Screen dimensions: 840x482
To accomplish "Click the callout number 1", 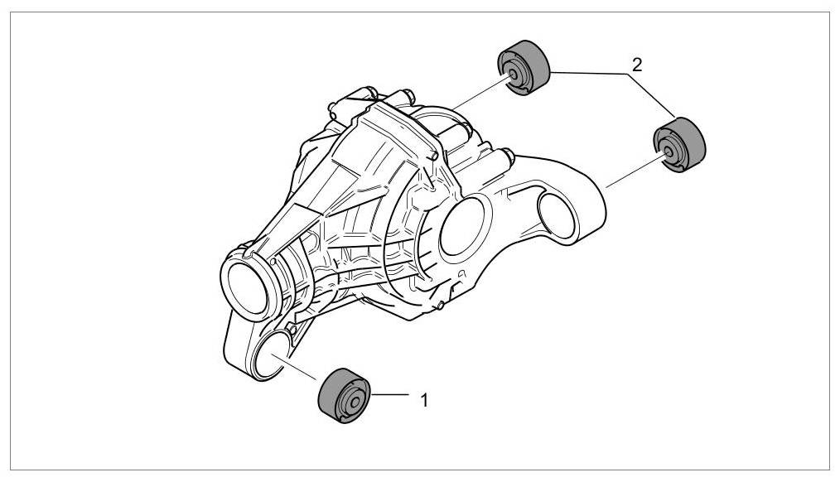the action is pos(423,400).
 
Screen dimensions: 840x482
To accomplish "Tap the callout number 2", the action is pos(636,65).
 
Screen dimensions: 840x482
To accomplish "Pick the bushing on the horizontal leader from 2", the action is pos(524,66).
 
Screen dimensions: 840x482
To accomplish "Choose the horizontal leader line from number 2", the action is pos(588,73).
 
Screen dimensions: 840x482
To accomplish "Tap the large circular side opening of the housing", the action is pos(460,228).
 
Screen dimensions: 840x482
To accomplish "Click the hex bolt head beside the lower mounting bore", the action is pos(294,331).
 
